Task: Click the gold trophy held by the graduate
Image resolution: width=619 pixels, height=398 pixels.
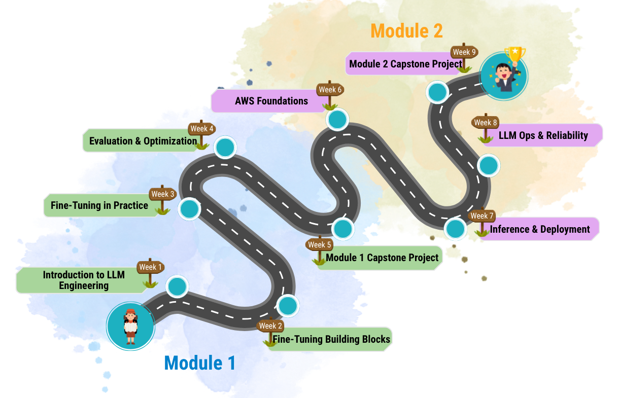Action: (x=515, y=54)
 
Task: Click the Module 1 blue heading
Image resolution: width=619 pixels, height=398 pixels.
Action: (x=200, y=363)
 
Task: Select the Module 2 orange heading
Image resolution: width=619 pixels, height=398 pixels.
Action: (x=406, y=31)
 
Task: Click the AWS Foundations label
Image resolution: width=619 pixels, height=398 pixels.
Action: (x=271, y=101)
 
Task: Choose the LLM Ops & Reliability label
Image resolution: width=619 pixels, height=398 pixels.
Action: (x=543, y=135)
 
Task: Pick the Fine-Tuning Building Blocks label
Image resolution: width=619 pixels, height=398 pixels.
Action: (x=332, y=339)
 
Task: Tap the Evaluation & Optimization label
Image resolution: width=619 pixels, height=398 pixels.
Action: (x=143, y=141)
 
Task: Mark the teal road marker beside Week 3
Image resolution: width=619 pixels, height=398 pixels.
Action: (x=189, y=209)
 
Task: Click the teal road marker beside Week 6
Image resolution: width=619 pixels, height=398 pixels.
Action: (x=337, y=120)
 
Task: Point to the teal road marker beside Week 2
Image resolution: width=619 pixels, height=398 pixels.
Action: (x=287, y=306)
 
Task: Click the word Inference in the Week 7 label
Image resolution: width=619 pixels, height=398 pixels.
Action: (x=509, y=229)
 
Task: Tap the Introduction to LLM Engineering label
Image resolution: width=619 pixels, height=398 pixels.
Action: (x=84, y=280)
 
